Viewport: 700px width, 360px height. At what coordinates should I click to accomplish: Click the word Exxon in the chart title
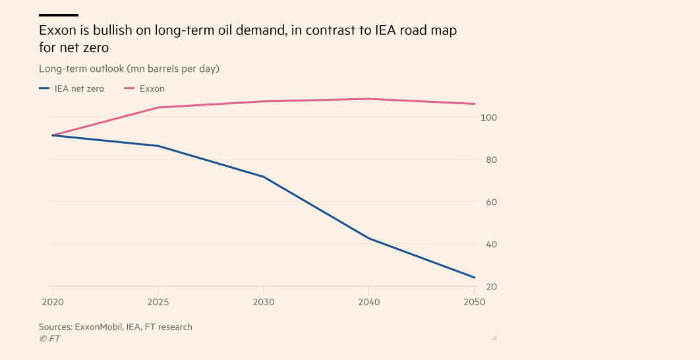[x=56, y=31]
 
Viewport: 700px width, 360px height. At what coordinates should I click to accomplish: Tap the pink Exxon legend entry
[x=144, y=88]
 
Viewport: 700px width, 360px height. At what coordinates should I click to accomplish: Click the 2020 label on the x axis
[x=51, y=302]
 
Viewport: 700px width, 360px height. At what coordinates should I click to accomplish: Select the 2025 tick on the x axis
[x=158, y=302]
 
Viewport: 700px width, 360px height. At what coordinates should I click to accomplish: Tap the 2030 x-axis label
[x=264, y=302]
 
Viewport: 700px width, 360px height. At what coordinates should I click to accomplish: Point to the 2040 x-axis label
[x=369, y=302]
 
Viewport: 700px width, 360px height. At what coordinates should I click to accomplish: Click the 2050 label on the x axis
[x=474, y=302]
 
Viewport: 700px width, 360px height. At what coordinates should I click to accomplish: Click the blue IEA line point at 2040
[x=369, y=238]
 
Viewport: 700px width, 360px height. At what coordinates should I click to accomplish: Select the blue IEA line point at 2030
[x=264, y=177]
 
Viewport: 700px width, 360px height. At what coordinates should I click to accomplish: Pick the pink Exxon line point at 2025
[x=158, y=107]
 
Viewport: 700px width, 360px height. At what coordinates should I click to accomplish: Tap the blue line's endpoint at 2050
[x=475, y=278]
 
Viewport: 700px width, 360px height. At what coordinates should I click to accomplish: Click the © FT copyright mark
[x=49, y=338]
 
